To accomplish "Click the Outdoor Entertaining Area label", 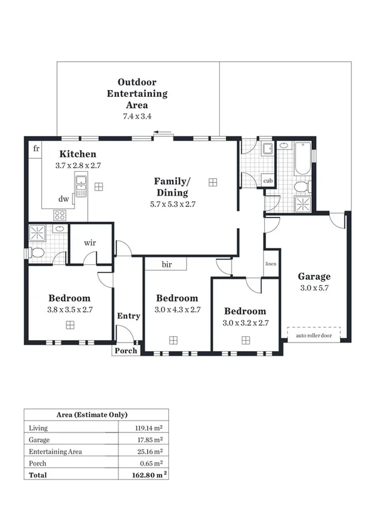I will [137, 93].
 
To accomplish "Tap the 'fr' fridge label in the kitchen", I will [36, 148].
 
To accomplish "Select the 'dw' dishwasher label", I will [63, 199].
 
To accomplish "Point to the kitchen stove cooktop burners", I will [60, 214].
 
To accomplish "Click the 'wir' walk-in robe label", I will [90, 242].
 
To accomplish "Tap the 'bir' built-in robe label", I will [167, 264].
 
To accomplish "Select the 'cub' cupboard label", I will [268, 181].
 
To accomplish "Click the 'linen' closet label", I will [270, 264].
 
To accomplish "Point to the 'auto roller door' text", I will [315, 335].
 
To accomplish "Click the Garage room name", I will [314, 276].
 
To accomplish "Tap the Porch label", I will [125, 351].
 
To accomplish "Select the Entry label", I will [128, 316].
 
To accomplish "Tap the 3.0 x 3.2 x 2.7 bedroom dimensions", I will [245, 323].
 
